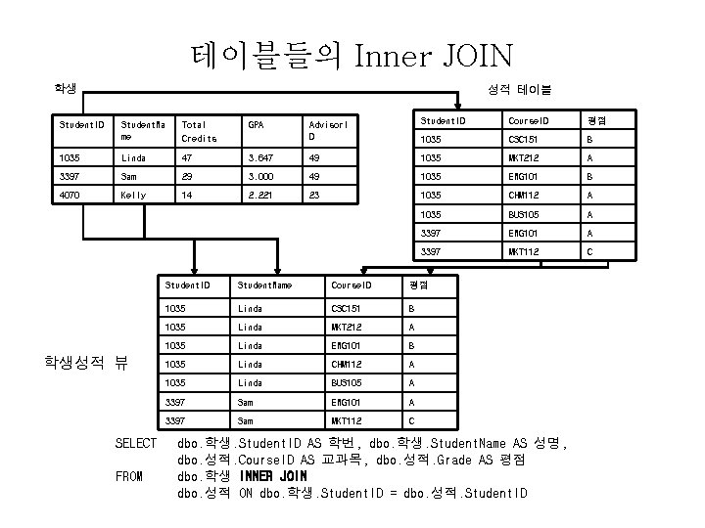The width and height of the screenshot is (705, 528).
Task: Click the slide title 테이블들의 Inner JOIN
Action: tap(352, 55)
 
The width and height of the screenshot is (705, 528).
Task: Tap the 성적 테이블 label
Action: tap(526, 90)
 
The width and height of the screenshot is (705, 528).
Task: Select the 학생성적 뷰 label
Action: tap(86, 361)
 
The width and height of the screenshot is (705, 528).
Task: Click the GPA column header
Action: tap(256, 125)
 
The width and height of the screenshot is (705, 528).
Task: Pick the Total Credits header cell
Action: tap(200, 131)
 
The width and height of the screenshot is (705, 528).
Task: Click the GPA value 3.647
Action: tap(261, 157)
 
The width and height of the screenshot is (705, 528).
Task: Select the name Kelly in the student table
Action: tap(134, 195)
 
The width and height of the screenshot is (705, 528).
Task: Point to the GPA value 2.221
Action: tap(261, 195)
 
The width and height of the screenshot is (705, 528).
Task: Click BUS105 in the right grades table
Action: tap(525, 213)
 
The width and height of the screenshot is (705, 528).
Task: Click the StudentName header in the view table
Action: tap(266, 286)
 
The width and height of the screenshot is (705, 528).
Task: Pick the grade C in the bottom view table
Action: tap(411, 419)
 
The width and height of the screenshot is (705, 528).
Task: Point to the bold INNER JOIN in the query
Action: tap(273, 476)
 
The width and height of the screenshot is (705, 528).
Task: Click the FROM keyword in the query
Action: tap(128, 476)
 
